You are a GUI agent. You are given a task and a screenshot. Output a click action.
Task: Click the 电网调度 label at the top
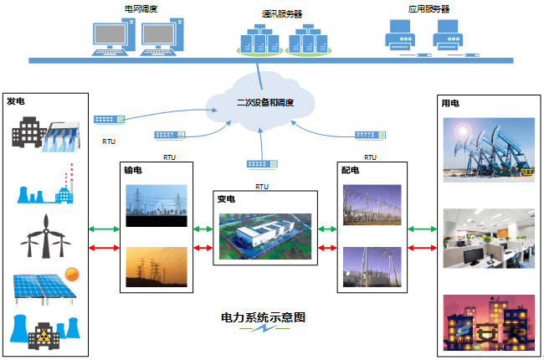141,8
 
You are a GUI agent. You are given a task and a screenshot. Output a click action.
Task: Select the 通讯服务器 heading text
282,14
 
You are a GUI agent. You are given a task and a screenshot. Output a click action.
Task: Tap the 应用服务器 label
429,9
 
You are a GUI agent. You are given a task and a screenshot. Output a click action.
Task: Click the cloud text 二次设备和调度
265,103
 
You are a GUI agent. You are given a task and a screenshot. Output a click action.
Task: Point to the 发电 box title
16,101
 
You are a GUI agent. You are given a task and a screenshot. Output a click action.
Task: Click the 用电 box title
450,103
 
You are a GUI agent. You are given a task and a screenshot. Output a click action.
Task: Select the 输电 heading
133,170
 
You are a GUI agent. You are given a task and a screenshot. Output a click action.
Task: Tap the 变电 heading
226,199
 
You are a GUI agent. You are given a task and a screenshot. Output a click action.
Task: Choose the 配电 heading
350,170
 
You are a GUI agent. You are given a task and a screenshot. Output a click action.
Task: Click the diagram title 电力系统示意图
264,317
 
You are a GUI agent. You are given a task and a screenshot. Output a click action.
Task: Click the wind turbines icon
45,236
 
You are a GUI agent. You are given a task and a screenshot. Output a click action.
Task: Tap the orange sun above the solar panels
72,275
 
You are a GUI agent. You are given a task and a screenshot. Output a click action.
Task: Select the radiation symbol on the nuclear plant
44,336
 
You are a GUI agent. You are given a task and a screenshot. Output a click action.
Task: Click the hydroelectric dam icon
62,136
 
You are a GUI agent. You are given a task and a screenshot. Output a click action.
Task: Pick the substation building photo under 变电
265,236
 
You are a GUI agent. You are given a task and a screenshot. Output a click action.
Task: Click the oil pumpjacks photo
489,150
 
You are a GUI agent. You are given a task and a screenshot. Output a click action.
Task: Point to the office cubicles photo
489,238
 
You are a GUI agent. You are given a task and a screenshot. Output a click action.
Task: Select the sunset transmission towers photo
157,267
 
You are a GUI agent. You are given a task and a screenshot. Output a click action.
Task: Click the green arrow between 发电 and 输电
104,229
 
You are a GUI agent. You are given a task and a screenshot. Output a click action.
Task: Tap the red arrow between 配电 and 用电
422,248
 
